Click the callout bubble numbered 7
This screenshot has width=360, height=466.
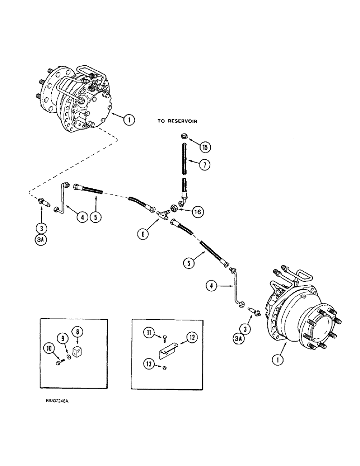point(204,164)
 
